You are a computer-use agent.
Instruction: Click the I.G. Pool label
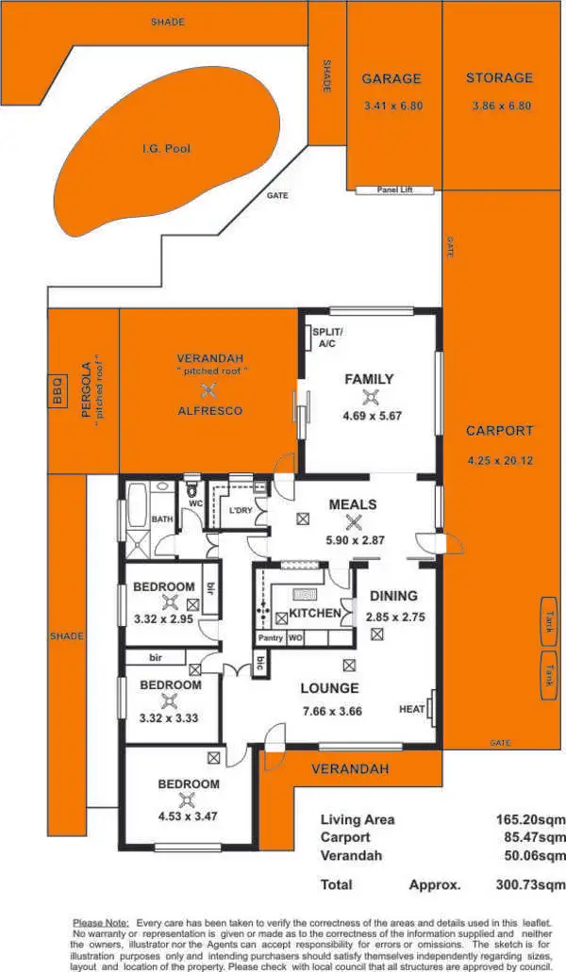click(166, 149)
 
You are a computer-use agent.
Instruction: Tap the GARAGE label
click(391, 79)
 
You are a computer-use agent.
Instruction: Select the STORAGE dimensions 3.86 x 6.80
click(501, 107)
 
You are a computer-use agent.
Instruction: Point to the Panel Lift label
click(395, 189)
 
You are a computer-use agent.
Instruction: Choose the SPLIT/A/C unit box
click(327, 338)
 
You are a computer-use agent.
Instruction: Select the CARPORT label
click(499, 431)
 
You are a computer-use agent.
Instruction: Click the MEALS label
click(353, 504)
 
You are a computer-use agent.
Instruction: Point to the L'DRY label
click(241, 511)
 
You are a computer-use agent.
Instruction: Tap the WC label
click(197, 503)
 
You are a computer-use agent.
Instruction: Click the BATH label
click(160, 519)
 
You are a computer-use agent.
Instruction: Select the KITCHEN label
click(314, 614)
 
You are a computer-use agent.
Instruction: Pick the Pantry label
click(271, 638)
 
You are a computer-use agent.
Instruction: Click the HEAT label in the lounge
click(411, 709)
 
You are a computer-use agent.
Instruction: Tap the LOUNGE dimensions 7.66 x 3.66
click(330, 712)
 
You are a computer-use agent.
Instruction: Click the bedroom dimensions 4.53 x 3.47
click(188, 816)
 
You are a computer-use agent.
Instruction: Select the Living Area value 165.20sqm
click(530, 820)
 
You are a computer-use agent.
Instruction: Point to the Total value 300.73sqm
click(530, 885)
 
